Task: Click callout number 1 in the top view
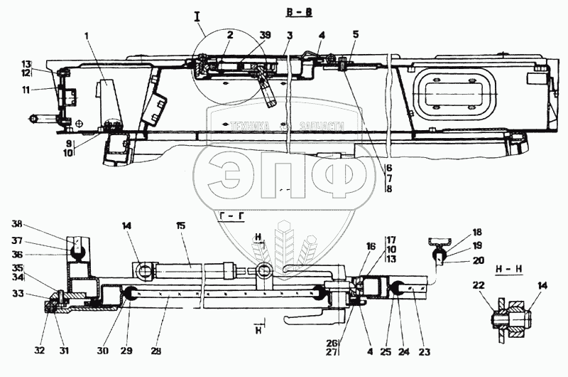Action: click(85, 34)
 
